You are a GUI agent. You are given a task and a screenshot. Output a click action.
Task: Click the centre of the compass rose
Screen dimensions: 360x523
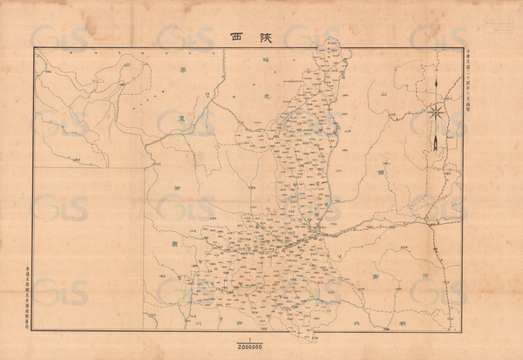434,111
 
